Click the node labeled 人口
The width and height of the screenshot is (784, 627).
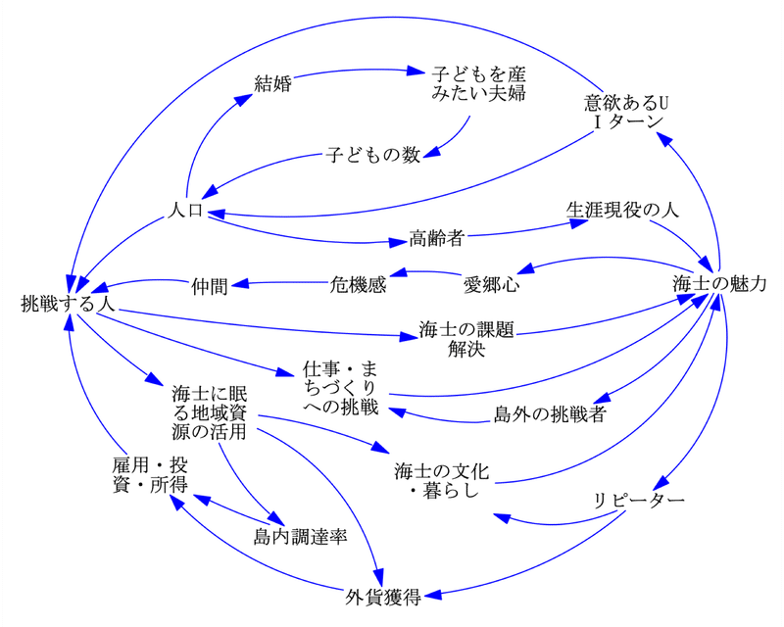[x=185, y=211]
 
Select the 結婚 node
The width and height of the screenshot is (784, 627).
[x=273, y=83]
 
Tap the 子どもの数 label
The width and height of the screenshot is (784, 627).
[x=373, y=155]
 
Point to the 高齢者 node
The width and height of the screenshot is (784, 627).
[x=436, y=238]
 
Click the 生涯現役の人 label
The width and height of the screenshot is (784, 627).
[x=622, y=210]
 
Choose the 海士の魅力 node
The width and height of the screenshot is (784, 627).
[x=719, y=284]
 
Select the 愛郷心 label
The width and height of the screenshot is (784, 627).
[x=492, y=284]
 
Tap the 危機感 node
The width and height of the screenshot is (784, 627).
[x=358, y=284]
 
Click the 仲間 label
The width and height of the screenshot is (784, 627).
[x=210, y=287]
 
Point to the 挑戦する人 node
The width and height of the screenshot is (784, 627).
[x=68, y=304]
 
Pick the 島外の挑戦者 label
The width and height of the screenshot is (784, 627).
[x=550, y=414]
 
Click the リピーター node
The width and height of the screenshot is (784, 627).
[x=639, y=501]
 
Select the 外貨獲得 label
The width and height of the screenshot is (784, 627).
[x=383, y=597]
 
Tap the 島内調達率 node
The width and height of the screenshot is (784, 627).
[x=300, y=537]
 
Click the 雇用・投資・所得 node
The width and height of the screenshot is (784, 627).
[x=150, y=475]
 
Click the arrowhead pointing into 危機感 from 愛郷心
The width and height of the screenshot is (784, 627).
[x=398, y=272]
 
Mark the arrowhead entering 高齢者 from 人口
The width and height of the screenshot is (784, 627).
[x=398, y=243]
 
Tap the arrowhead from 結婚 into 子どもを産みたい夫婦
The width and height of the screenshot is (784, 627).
[x=415, y=71]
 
